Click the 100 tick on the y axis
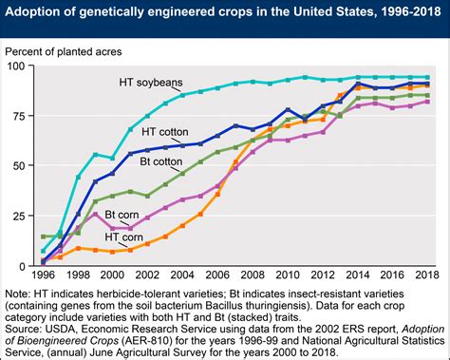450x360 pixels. pos(20,65)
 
